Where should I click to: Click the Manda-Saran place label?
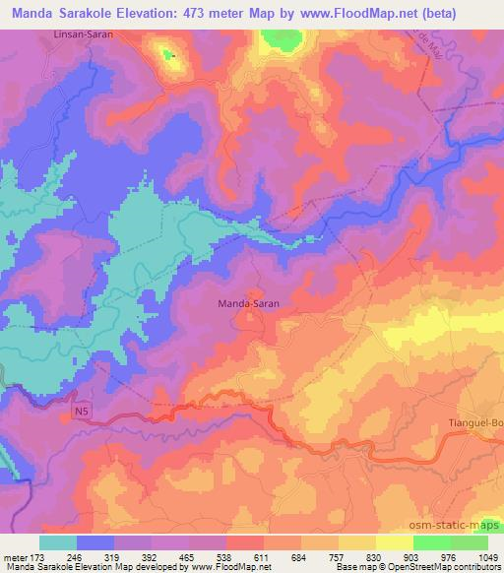click(247, 305)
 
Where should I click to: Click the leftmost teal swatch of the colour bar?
click(57, 541)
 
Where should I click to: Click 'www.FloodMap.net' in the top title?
click(380, 14)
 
